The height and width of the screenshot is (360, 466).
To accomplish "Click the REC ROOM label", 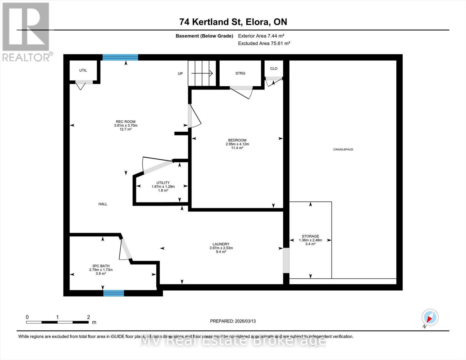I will coord(125,121).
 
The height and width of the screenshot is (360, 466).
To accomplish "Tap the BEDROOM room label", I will coord(237,140).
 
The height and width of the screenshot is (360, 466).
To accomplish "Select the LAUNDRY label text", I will coord(221,244).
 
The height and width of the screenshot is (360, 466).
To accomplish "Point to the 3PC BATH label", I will coord(101,266).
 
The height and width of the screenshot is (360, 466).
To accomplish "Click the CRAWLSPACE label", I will coord(343,149).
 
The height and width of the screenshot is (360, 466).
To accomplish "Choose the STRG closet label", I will coord(240,73).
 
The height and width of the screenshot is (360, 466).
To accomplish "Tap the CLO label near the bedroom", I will coord(274,68).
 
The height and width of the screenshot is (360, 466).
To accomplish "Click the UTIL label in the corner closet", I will coord(83,70).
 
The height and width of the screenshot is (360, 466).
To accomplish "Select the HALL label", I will coord(103,204).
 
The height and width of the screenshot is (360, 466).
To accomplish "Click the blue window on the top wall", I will coord(120,57).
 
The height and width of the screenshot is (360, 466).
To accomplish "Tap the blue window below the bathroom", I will coord(113,293).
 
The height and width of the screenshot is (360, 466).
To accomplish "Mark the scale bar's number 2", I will coord(88,317).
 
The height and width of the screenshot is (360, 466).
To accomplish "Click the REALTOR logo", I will coord(27,31).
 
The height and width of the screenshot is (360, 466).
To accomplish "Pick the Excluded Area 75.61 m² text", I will coord(264,43).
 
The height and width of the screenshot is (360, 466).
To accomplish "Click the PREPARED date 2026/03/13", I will coord(233,321).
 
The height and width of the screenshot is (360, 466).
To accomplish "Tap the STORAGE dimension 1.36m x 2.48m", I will coord(310,240).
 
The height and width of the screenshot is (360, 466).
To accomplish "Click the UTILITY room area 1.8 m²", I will coord(163,190).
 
